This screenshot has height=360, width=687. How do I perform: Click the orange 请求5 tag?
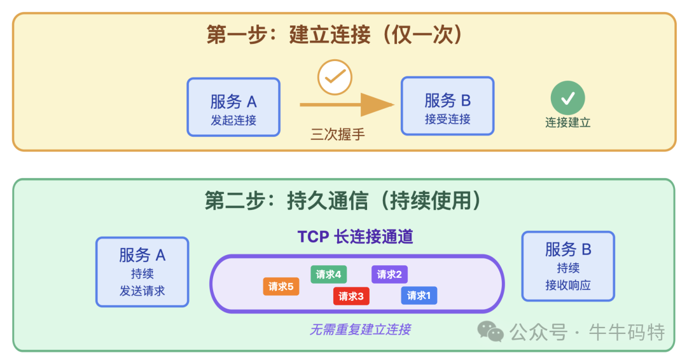[x=281, y=287]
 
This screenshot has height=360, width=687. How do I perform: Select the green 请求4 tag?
[x=329, y=274]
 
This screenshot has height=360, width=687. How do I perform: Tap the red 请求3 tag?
[x=351, y=296]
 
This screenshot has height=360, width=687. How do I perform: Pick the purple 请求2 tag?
[x=389, y=274]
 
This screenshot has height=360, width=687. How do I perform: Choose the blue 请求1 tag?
[x=419, y=295]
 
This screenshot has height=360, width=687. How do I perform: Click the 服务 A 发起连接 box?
[x=233, y=107]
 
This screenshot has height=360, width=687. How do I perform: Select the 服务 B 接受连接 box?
[x=447, y=106]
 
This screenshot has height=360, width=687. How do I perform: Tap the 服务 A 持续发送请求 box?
[x=142, y=272]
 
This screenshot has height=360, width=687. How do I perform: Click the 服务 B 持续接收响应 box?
[x=568, y=266]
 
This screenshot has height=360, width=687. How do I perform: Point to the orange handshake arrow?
[x=347, y=104]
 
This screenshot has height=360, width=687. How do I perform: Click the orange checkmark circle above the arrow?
[x=335, y=78]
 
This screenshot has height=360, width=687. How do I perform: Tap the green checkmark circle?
[x=567, y=98]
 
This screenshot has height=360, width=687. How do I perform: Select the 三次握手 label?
[x=338, y=134]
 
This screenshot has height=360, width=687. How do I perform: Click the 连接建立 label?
[x=567, y=123]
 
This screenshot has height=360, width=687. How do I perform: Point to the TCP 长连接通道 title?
[x=356, y=237]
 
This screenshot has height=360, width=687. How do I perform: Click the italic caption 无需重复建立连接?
[x=360, y=329]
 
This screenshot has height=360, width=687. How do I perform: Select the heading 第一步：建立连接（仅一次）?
[x=335, y=34]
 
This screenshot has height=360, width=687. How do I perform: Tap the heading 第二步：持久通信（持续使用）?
[x=343, y=200]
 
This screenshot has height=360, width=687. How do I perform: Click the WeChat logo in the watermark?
[x=490, y=331]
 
